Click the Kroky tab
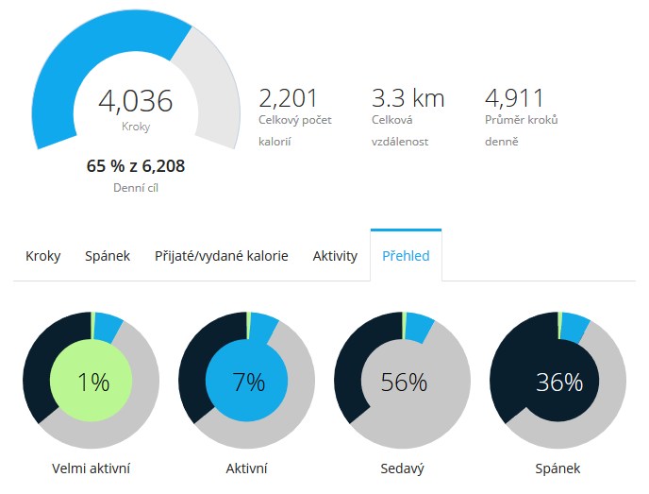pyautogui.click(x=42, y=256)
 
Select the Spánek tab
pyautogui.click(x=108, y=256)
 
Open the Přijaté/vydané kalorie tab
pyautogui.click(x=222, y=256)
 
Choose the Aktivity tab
pyautogui.click(x=335, y=256)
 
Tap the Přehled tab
pyautogui.click(x=406, y=256)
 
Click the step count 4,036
pyautogui.click(x=136, y=101)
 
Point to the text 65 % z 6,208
pyautogui.click(x=136, y=166)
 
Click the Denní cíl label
pyautogui.click(x=136, y=187)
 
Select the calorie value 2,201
pyautogui.click(x=288, y=98)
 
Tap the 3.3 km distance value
pyautogui.click(x=408, y=98)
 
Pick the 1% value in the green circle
pyautogui.click(x=93, y=383)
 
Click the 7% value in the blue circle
pyautogui.click(x=248, y=383)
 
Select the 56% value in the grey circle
pyautogui.click(x=404, y=383)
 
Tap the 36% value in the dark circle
pyautogui.click(x=559, y=383)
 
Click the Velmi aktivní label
pyautogui.click(x=92, y=468)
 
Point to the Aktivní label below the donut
pyautogui.click(x=247, y=468)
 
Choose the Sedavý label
pyautogui.click(x=404, y=468)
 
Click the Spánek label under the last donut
pyautogui.click(x=559, y=468)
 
